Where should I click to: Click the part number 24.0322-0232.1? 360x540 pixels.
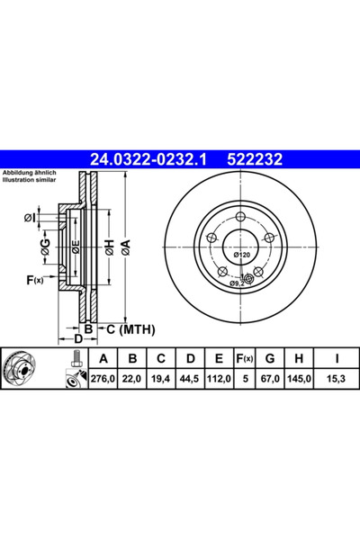click(148, 159)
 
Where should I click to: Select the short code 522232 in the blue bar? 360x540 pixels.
click(255, 159)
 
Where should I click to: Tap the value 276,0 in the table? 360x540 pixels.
click(103, 379)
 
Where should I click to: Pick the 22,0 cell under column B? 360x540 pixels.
click(132, 379)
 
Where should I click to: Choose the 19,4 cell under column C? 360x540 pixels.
click(161, 379)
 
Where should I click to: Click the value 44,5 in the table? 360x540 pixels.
click(190, 379)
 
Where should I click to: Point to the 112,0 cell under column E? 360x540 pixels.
click(219, 379)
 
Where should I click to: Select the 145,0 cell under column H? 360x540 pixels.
click(299, 379)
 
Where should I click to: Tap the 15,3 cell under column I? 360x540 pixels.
click(337, 379)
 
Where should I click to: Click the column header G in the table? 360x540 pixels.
click(270, 358)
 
